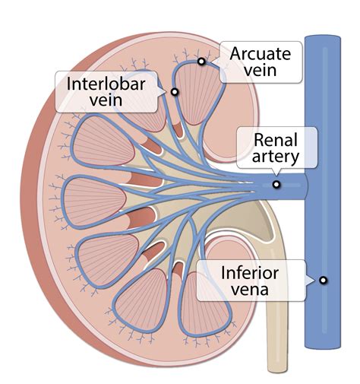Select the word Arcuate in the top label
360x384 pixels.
pyautogui.click(x=258, y=53)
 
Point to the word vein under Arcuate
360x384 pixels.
pyautogui.click(x=258, y=71)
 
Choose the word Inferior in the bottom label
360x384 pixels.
pyautogui.click(x=249, y=272)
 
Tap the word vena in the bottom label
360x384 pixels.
pyautogui.click(x=249, y=290)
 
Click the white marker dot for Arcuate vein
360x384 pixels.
pyautogui.click(x=201, y=62)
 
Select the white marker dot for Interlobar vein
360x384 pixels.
pyautogui.click(x=175, y=92)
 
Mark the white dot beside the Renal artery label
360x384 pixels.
pyautogui.click(x=276, y=184)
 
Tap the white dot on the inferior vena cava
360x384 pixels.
pyautogui.click(x=324, y=280)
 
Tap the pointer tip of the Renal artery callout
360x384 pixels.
pyautogui.click(x=276, y=175)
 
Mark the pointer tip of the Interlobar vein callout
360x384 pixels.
pyautogui.click(x=168, y=92)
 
